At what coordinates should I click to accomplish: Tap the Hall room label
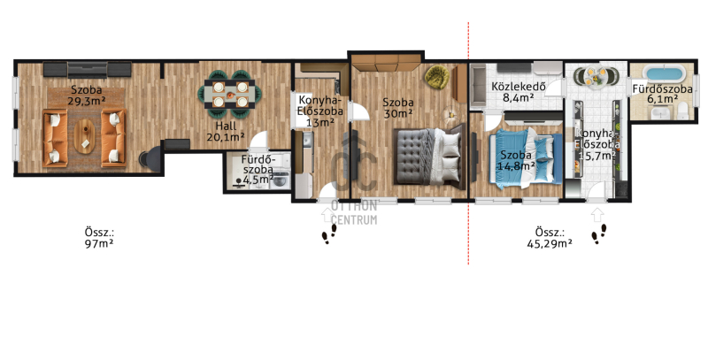pos(226,126)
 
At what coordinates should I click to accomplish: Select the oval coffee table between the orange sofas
pos(84,136)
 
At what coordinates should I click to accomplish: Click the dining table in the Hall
pos(230,94)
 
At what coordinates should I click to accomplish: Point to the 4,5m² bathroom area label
pos(258,180)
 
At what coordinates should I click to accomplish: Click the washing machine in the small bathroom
pos(281,180)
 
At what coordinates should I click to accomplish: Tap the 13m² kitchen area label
pos(319,122)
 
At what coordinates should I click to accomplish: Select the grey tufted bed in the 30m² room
pos(429,156)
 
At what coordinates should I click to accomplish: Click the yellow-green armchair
pos(436,77)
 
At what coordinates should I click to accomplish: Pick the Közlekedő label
pos(519,86)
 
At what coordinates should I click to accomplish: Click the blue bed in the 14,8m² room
pos(526,158)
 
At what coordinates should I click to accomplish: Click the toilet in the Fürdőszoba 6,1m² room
pos(682,110)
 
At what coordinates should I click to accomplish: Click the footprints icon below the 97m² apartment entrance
pos(329,234)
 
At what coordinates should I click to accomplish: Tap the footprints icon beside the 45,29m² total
pos(599,234)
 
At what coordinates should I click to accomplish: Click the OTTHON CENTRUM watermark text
pos(354,213)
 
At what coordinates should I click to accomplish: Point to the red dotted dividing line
pos(468,143)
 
